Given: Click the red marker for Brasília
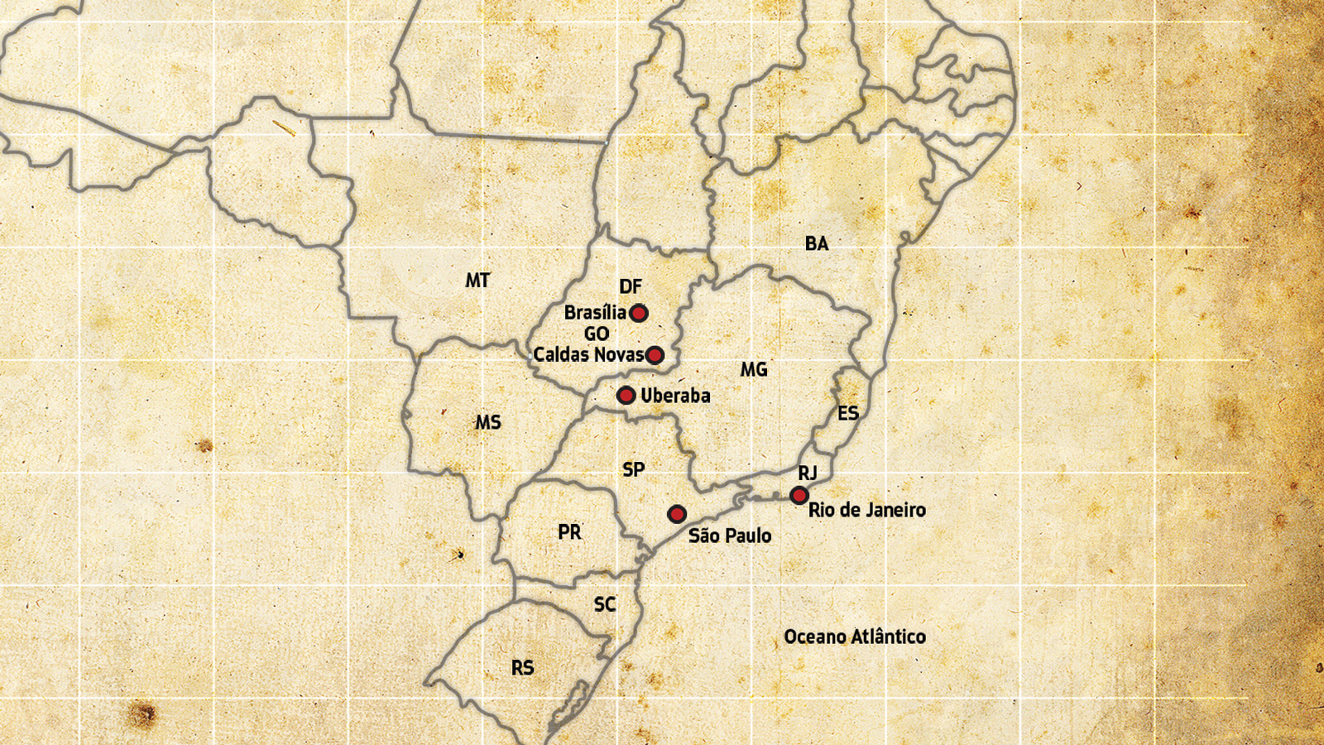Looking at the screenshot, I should (638, 313).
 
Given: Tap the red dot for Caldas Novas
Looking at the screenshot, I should (655, 355).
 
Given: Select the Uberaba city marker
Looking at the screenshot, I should (626, 396).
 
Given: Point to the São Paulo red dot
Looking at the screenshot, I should (677, 514).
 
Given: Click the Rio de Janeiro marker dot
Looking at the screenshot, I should (799, 495).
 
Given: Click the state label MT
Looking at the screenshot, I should (477, 281).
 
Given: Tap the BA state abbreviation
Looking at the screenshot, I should (817, 243).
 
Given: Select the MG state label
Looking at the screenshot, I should (754, 369).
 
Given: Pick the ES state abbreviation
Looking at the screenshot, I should (848, 413).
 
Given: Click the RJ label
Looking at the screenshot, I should (808, 473).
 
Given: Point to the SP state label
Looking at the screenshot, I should (633, 469).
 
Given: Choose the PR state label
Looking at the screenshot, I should (569, 532).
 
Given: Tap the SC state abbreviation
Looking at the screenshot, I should (605, 604).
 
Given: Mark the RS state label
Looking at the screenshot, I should (522, 668).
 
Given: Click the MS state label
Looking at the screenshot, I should (488, 422).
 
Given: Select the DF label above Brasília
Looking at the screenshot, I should (630, 286).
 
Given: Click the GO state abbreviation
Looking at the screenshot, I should (597, 334).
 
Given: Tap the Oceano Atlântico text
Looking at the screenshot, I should (855, 637).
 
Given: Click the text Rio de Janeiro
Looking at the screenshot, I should (866, 510).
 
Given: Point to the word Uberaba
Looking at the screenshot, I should (675, 396).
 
